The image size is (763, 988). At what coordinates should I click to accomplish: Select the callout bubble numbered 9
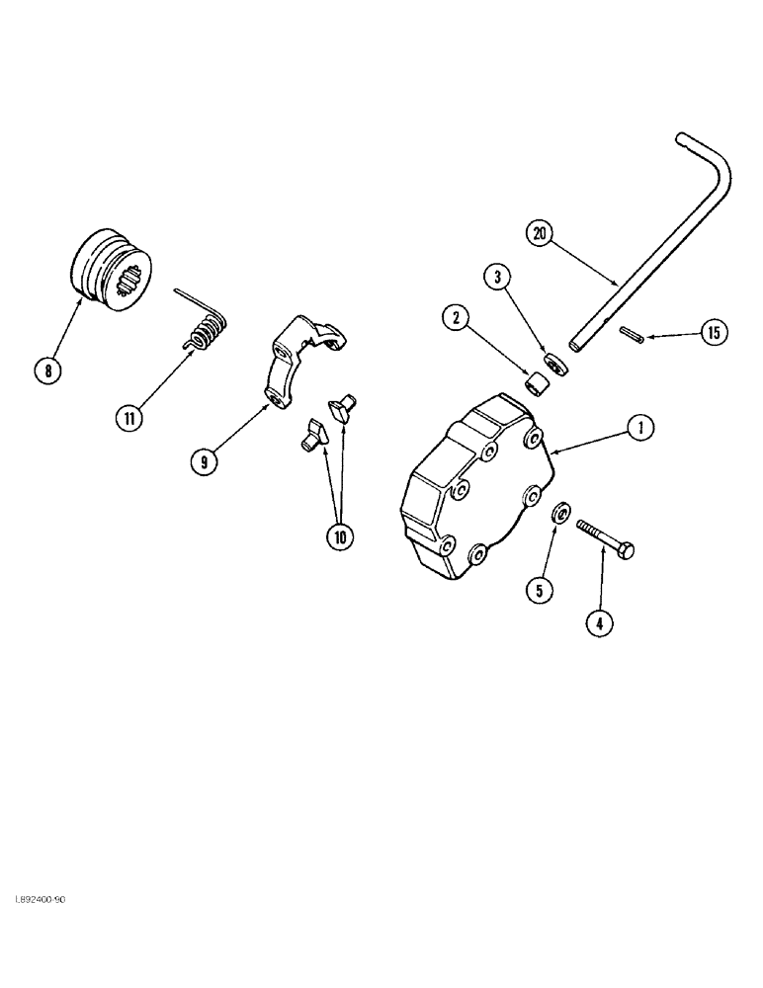coord(206,461)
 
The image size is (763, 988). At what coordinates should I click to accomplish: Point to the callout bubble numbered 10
coord(341,536)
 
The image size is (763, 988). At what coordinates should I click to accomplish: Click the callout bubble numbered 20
coord(539,234)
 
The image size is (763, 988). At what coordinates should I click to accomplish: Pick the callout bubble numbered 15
coord(713,332)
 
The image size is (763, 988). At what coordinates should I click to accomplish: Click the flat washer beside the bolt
coord(559,513)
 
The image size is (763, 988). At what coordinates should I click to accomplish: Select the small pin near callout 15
coord(631,336)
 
